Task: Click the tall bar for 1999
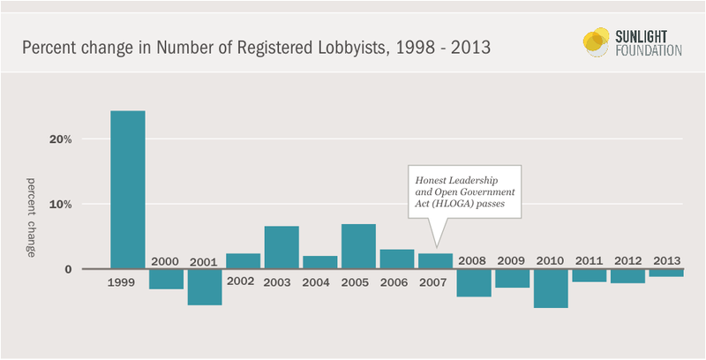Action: click(128, 189)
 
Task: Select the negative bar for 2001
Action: click(205, 287)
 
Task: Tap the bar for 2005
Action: click(358, 246)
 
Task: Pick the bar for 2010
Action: click(550, 289)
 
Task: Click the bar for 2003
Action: click(282, 247)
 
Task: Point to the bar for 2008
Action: click(473, 282)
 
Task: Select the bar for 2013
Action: click(665, 273)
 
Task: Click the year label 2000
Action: click(166, 261)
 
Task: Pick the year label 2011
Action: click(589, 261)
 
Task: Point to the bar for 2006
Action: click(396, 259)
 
